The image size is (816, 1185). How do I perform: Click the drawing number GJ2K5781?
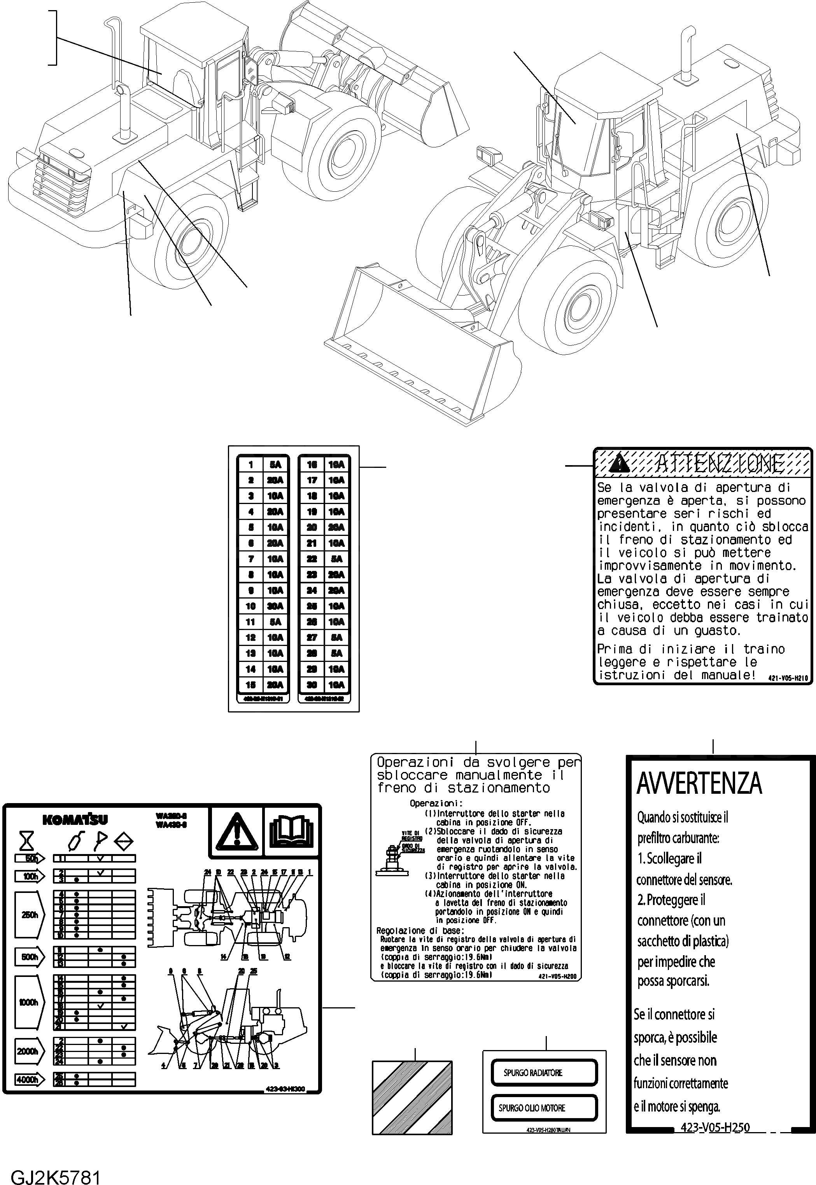pos(55,1174)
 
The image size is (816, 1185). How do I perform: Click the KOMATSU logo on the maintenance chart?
pos(75,819)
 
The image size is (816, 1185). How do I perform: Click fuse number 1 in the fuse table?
pos(251,465)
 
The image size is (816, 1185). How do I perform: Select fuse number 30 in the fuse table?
pos(312,684)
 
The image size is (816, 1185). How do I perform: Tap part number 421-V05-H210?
pos(788,678)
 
